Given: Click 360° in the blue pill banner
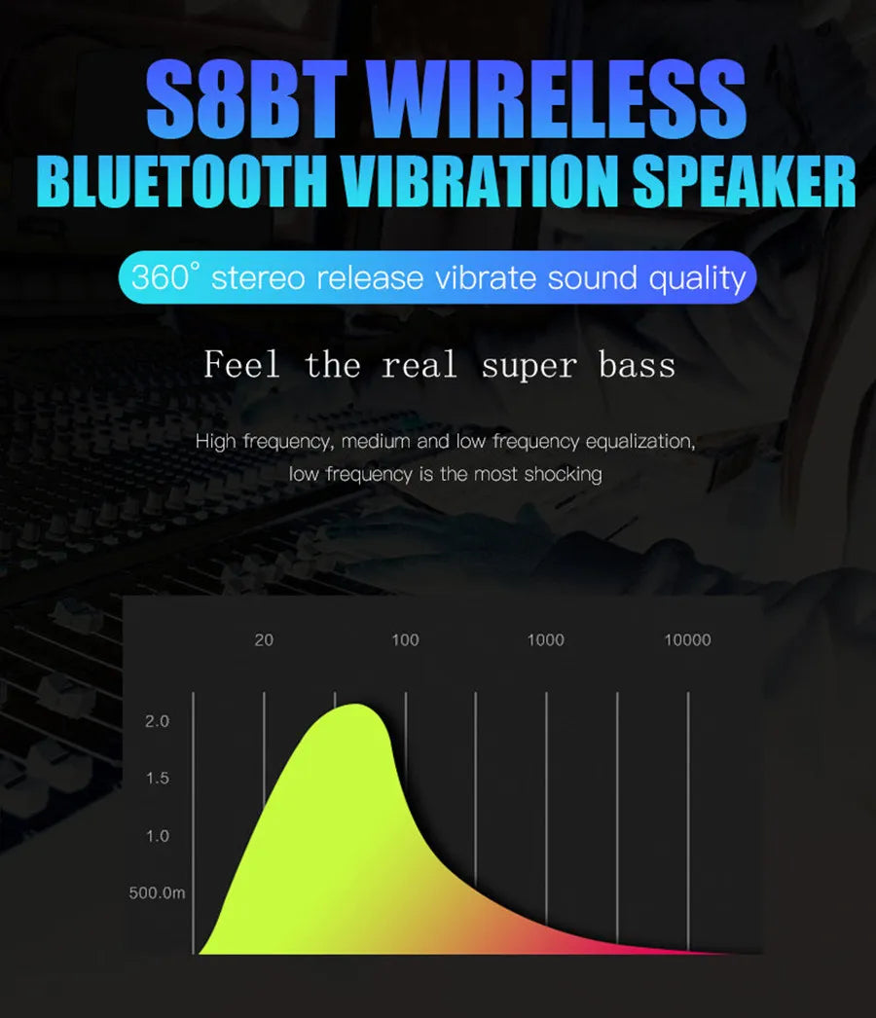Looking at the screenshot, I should pyautogui.click(x=164, y=277).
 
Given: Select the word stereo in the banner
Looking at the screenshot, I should pyautogui.click(x=257, y=278).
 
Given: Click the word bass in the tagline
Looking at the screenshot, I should pyautogui.click(x=637, y=366).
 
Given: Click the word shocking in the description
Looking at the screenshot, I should pyautogui.click(x=563, y=475).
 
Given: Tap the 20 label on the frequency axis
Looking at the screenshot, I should pyautogui.click(x=264, y=640).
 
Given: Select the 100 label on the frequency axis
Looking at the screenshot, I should pyautogui.click(x=405, y=640).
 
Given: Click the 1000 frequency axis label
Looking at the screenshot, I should pyautogui.click(x=545, y=640).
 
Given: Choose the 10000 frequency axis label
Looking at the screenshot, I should pyautogui.click(x=687, y=640).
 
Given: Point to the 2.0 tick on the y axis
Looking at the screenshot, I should pyautogui.click(x=157, y=722).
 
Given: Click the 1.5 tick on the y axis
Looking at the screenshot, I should pyautogui.click(x=157, y=779).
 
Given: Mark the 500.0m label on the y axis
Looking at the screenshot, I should pyautogui.click(x=157, y=893).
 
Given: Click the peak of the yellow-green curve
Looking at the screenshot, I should pyautogui.click(x=354, y=708).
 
